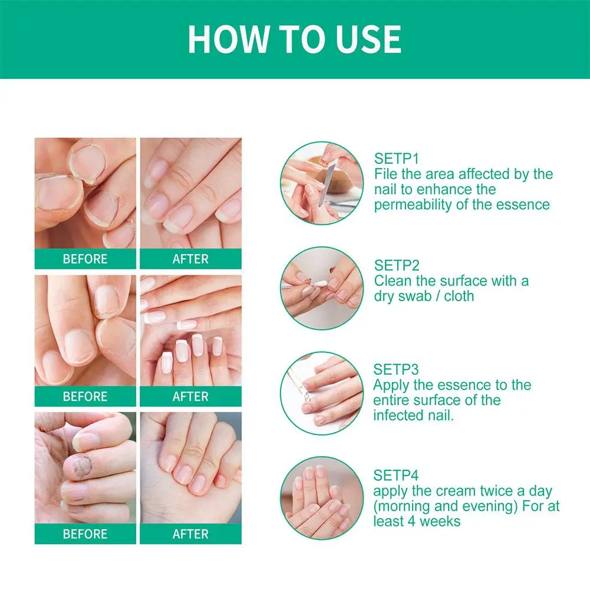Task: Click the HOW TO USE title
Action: click(295, 39)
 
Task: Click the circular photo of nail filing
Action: click(321, 183)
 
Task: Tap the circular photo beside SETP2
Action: click(321, 288)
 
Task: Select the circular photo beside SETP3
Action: click(321, 393)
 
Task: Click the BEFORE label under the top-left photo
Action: click(85, 259)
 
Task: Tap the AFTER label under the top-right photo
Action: click(190, 259)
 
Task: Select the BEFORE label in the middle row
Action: click(85, 397)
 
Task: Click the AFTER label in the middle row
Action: click(190, 397)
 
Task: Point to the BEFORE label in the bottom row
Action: click(85, 534)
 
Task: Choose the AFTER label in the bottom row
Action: click(190, 534)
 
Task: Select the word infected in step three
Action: click(398, 416)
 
